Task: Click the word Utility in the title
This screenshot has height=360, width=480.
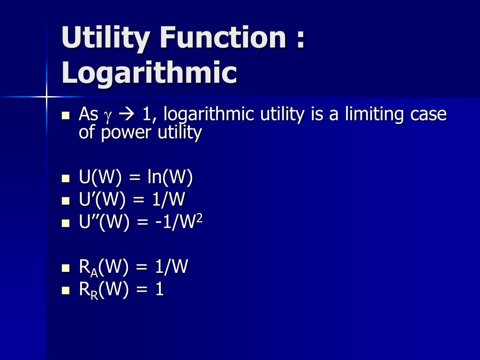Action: tap(105, 38)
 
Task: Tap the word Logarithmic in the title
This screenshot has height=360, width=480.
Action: tap(149, 73)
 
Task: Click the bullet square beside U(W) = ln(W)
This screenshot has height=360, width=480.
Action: tap(65, 179)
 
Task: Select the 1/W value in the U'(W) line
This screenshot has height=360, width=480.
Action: tap(168, 201)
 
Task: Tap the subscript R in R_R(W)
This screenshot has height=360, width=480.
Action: tap(94, 294)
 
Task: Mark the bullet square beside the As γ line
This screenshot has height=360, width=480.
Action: tap(65, 115)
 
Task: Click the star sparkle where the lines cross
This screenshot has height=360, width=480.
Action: tap(46, 97)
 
